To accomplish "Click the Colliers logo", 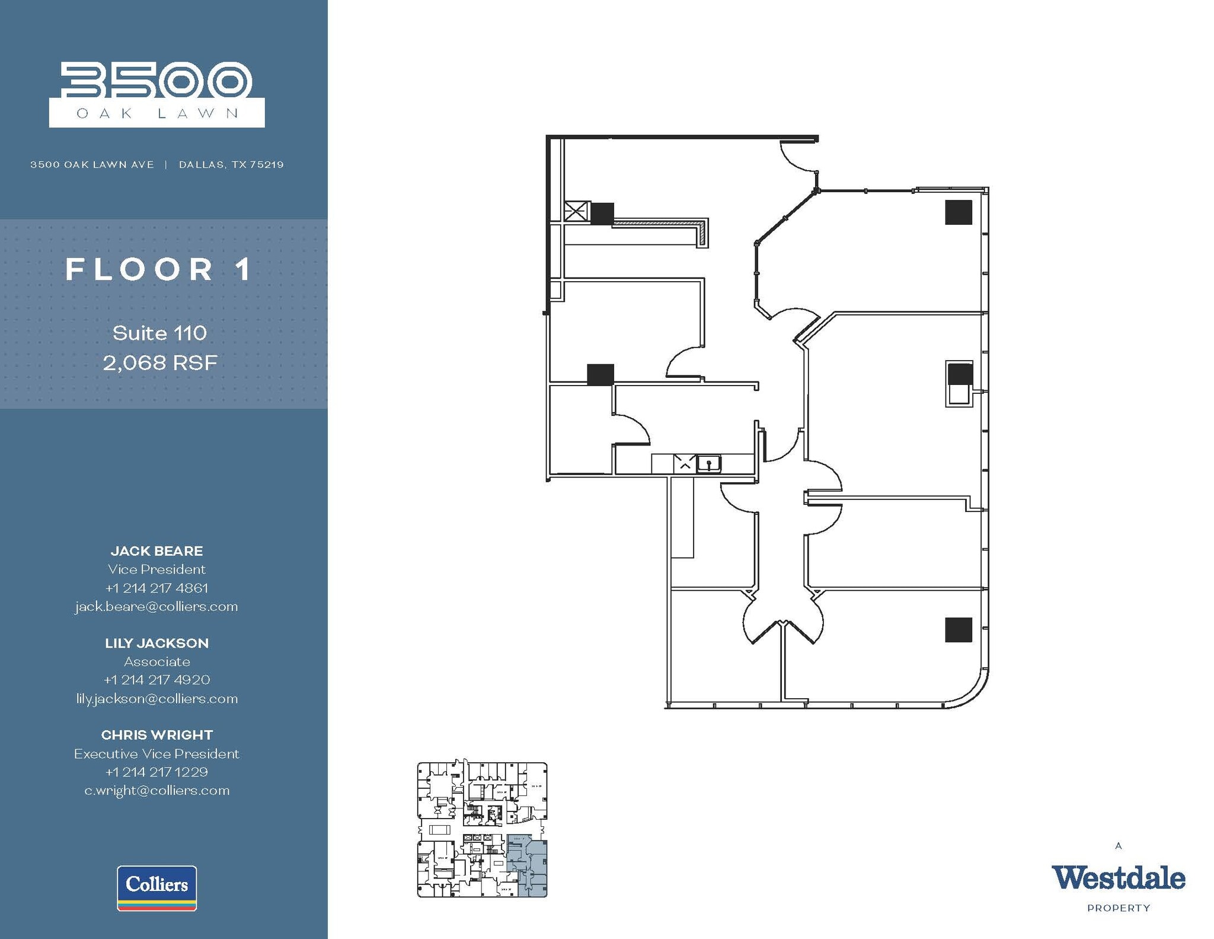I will coord(156,887).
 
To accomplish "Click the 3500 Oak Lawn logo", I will coord(156,94).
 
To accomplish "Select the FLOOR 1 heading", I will coord(159,270).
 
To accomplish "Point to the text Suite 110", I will coord(159,333).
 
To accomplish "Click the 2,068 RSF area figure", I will coord(160,362).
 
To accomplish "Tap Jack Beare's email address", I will coord(156,606).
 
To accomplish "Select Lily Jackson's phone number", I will coord(156,680).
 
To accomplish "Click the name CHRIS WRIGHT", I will coord(156,735).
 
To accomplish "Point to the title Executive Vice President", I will coord(156,753).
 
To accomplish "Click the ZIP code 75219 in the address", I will coord(267,164).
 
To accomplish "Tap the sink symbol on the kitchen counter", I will coord(708,463).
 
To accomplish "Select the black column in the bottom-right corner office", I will coord(958,629).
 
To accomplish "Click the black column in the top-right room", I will coord(958,212).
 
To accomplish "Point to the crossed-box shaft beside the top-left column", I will coord(576,212).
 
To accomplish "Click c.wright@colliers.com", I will coord(156,790).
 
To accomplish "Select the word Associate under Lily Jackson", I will coord(156,661).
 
